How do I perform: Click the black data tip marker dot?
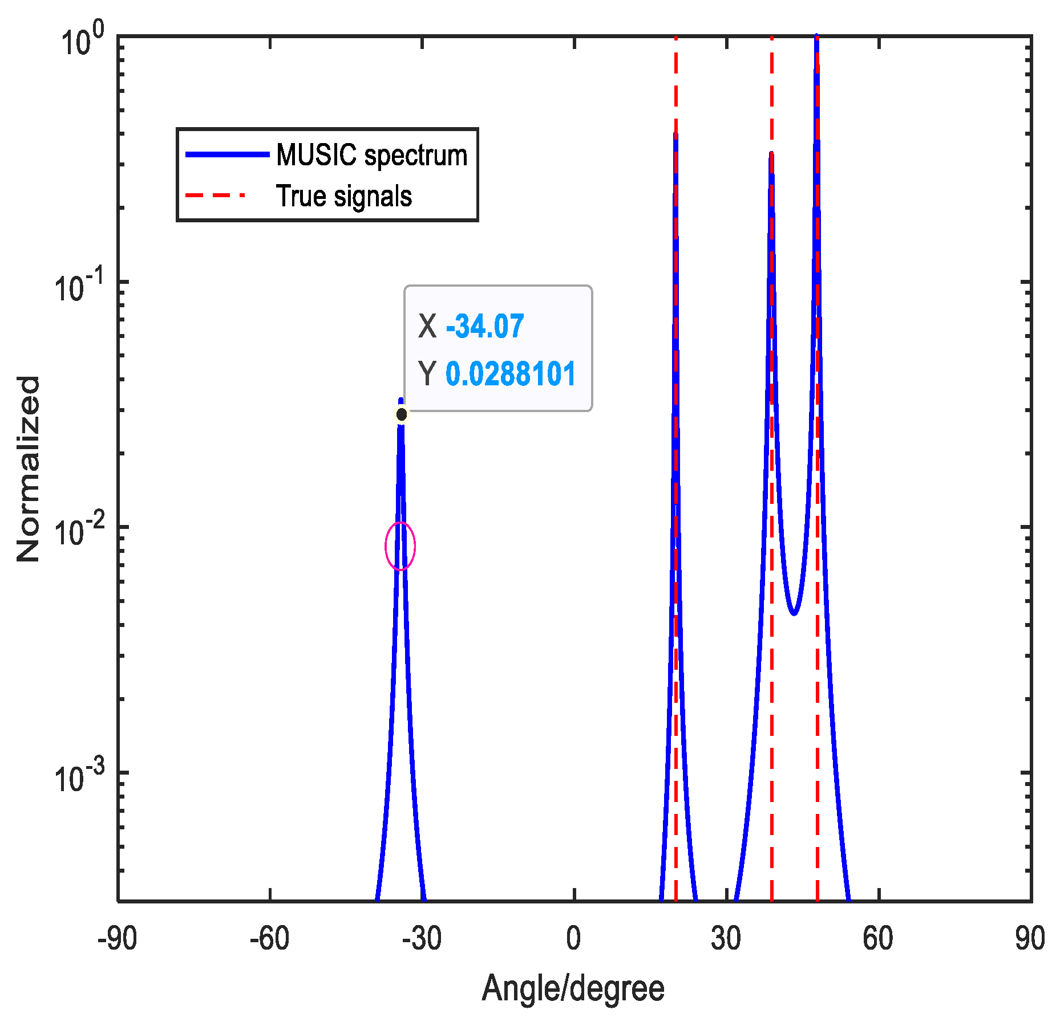402,414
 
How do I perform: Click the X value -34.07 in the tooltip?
484,327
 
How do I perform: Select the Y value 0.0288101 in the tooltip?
510,374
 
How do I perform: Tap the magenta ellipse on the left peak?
400,546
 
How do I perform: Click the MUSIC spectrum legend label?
371,155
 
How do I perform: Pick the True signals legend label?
343,196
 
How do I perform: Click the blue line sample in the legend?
227,154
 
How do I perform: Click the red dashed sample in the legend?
216,196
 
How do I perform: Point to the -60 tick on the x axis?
269,939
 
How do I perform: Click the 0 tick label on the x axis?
573,939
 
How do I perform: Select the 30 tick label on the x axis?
726,939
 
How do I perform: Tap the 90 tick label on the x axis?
1029,939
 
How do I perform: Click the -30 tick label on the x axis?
421,939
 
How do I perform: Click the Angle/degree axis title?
573,988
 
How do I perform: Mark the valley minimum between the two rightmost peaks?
794,614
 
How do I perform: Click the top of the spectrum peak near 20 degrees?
675,136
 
